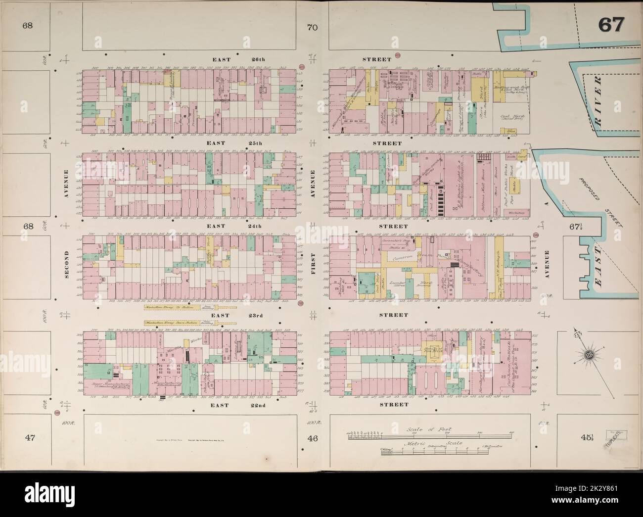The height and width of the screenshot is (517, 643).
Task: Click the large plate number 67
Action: (612, 24)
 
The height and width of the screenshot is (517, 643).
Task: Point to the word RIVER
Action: (599, 97)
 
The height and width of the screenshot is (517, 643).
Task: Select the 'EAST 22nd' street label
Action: (233, 406)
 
